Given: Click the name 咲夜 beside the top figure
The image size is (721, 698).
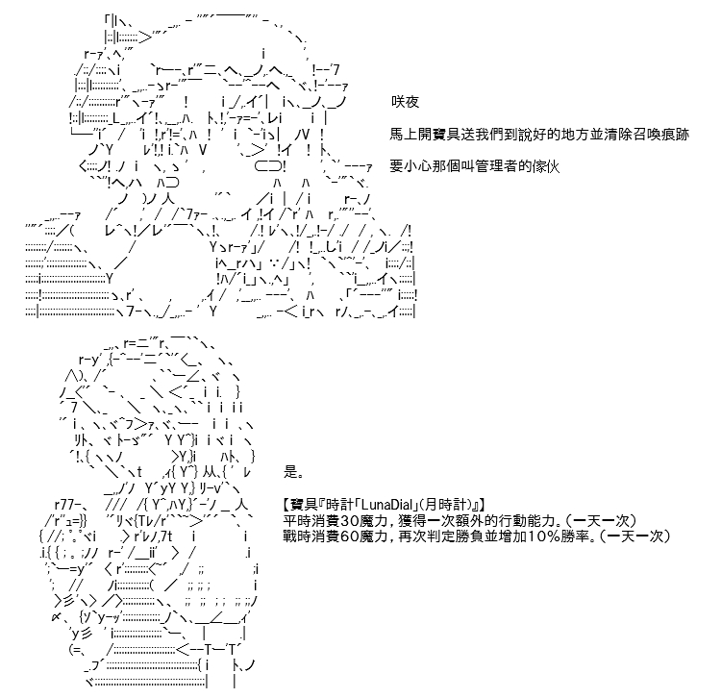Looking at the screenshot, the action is pos(405,102).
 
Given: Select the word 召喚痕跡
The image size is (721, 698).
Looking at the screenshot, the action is pos(660,134).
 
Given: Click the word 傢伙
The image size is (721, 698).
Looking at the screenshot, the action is pos(546,166).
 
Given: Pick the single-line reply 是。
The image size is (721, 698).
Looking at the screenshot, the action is pos(293,472).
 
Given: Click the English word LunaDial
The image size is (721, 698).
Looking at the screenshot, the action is pos(388,505).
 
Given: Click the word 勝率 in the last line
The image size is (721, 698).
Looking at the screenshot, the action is pos(575,536).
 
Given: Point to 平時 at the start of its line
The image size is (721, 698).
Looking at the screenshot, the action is pos(297,520).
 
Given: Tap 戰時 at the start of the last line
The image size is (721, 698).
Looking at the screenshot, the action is pos(297,536).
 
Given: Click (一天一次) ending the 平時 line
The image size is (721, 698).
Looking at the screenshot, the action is pos(600,520).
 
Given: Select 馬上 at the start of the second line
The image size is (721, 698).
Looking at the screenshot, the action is pos(404,134).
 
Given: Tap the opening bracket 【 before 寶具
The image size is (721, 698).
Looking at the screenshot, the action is pos(286,505).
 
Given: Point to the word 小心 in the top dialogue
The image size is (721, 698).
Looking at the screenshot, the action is pos(418,166).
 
